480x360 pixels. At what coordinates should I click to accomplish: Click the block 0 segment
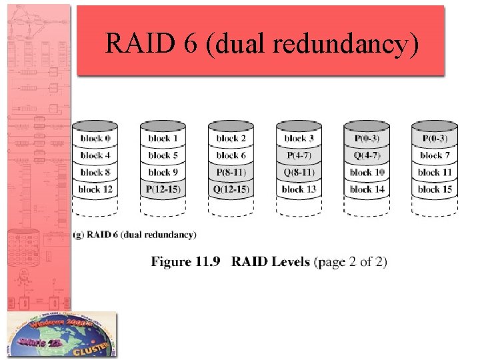(x=95, y=139)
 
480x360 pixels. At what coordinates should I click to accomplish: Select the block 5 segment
(x=163, y=155)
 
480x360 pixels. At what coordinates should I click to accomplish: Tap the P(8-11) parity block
(x=231, y=173)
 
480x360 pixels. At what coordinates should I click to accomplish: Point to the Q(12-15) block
(x=231, y=189)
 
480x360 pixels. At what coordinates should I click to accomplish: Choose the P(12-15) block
(x=163, y=189)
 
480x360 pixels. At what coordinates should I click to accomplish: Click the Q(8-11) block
(x=299, y=173)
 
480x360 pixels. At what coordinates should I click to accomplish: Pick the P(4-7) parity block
(x=299, y=155)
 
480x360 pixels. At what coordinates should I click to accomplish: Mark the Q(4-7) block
(x=367, y=155)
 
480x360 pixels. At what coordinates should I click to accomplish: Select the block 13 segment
(x=299, y=189)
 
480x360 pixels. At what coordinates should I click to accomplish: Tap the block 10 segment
(x=367, y=173)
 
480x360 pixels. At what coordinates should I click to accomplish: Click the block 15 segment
(x=435, y=189)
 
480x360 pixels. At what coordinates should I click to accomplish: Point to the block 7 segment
(x=435, y=155)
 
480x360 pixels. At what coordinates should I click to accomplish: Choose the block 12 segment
(x=95, y=189)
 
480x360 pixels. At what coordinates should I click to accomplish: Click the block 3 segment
(x=299, y=139)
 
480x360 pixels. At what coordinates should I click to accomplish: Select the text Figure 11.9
(x=185, y=261)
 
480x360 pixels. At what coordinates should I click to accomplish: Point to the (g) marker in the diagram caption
(x=79, y=235)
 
